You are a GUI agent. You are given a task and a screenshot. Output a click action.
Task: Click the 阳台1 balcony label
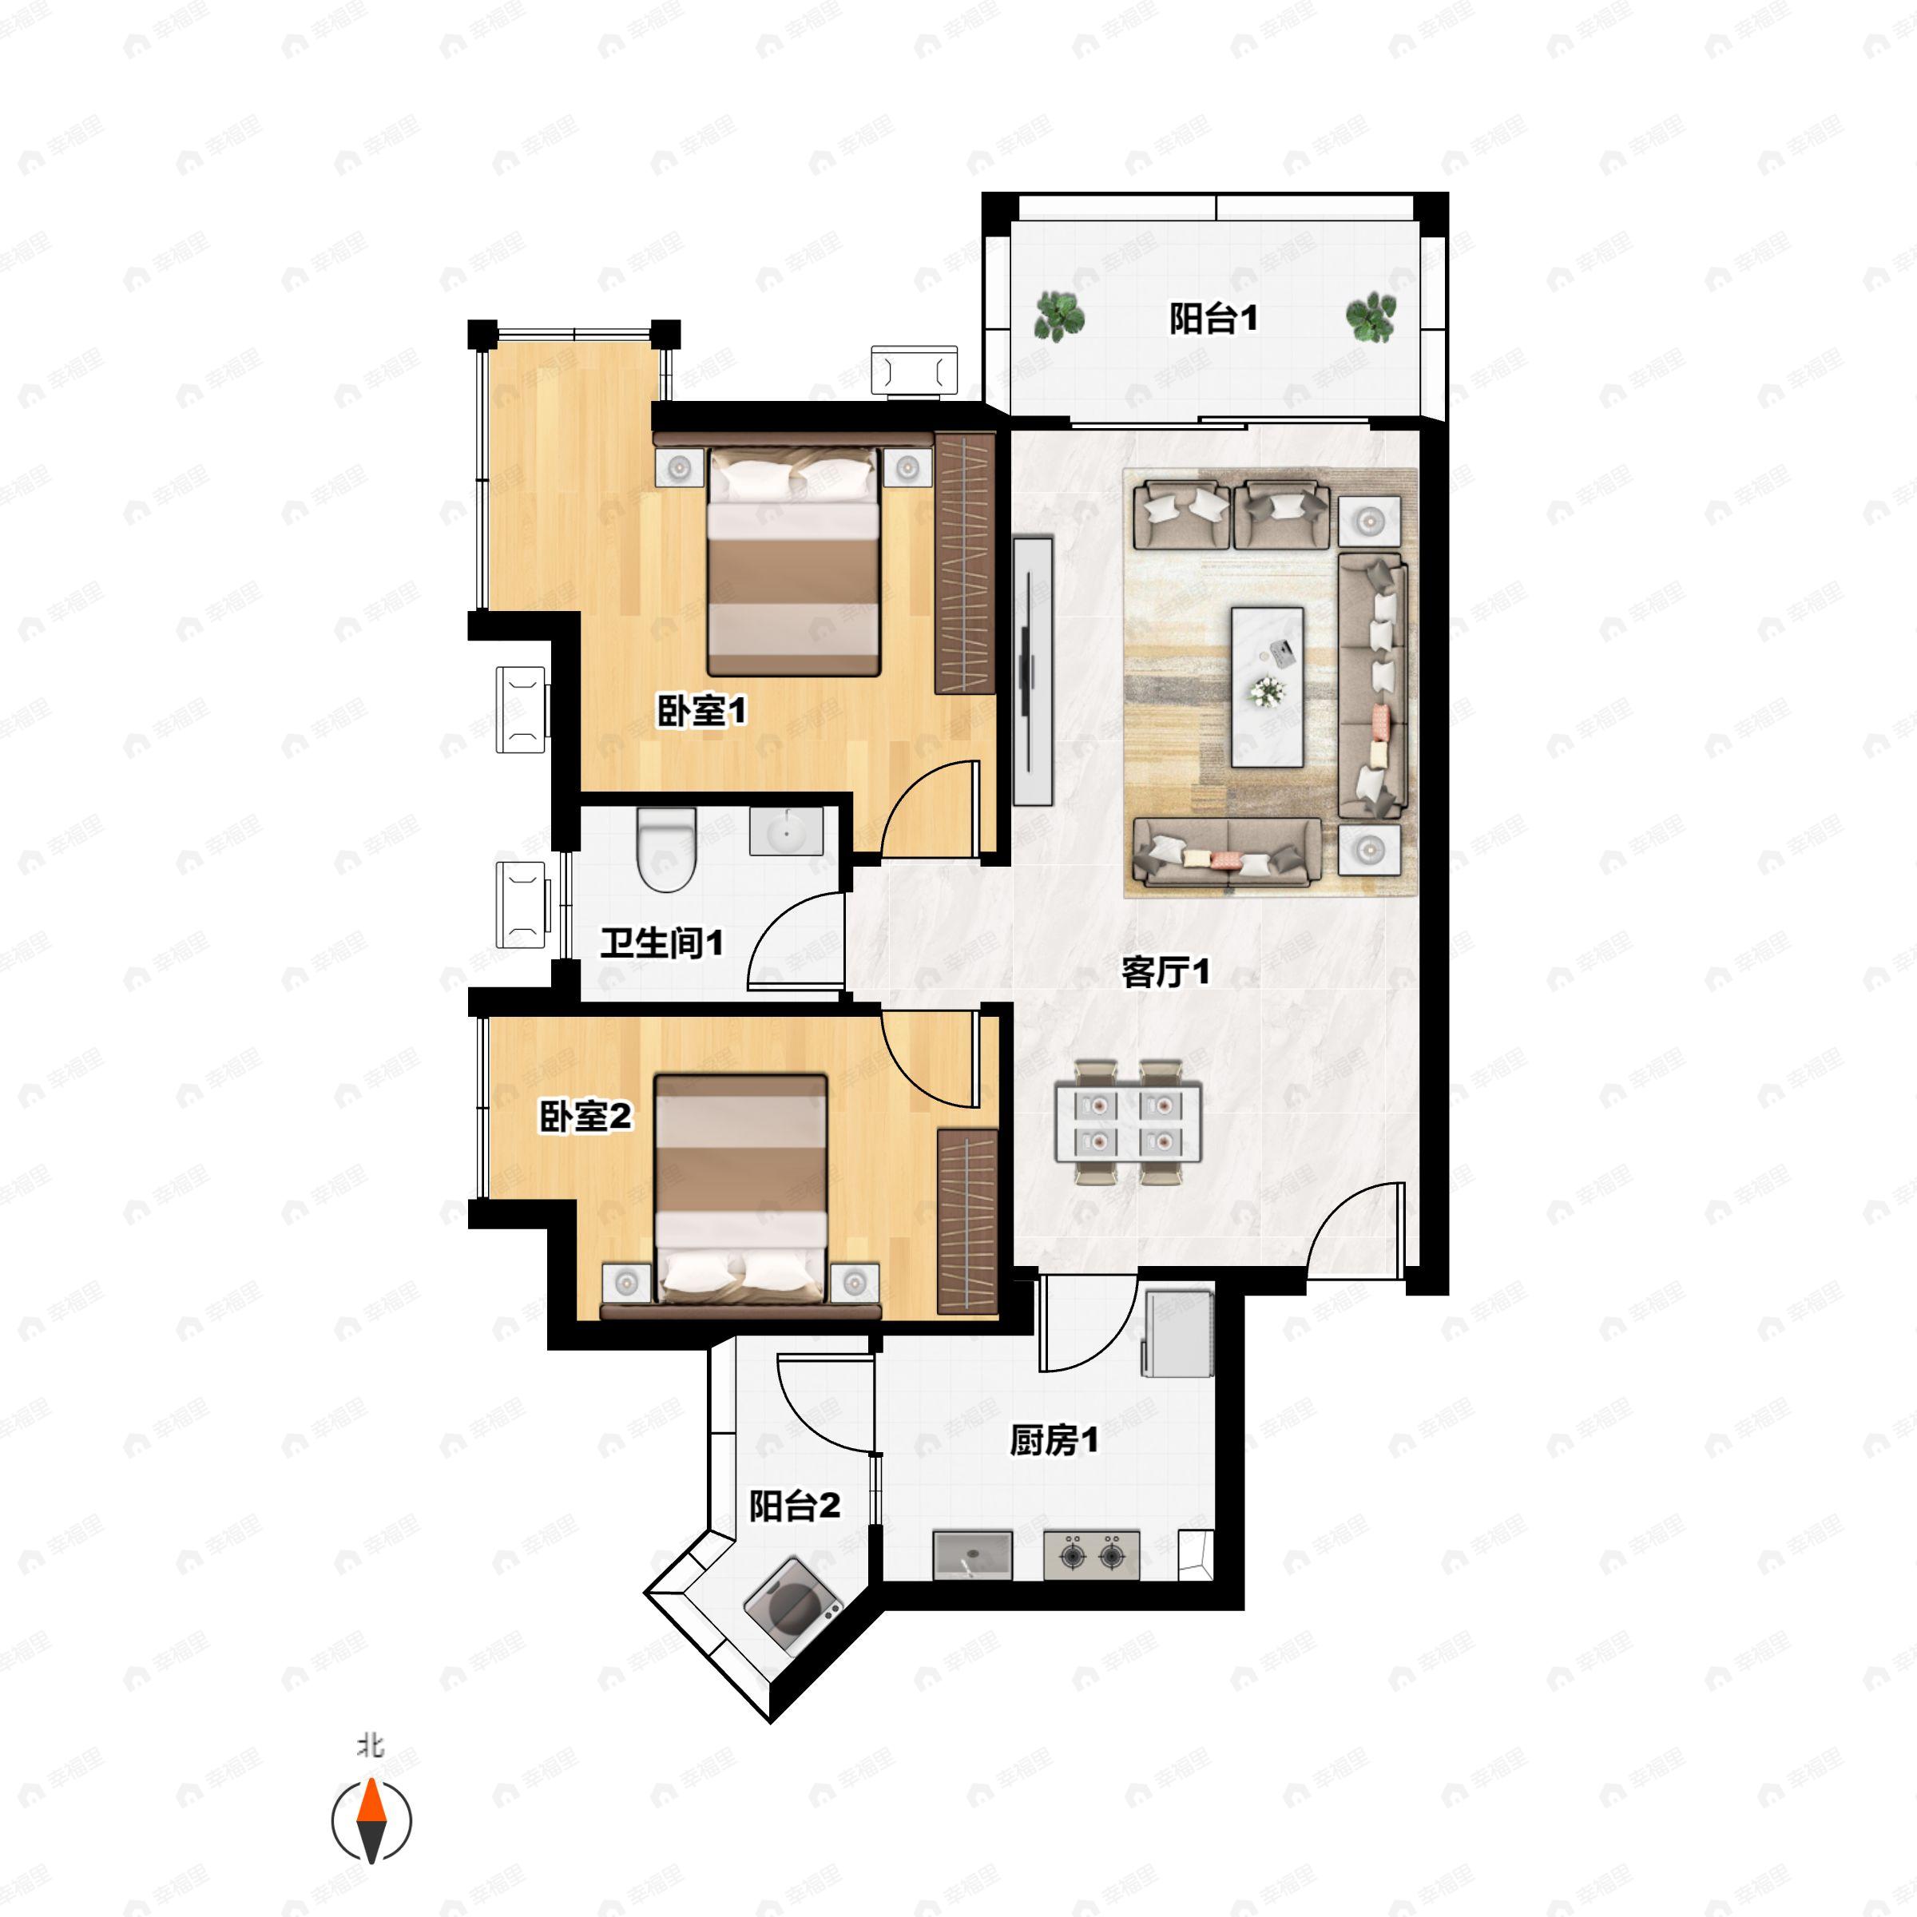1213,319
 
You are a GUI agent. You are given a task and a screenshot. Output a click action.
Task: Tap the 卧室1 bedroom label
701,712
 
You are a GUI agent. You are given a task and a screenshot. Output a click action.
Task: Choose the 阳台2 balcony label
794,1506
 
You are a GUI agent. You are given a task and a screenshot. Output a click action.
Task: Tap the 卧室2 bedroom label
585,1117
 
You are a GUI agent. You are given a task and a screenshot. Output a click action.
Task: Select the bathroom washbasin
786,831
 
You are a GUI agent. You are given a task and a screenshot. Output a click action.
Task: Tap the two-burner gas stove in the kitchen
1090,1554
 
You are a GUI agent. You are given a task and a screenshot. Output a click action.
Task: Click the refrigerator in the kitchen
1178,1332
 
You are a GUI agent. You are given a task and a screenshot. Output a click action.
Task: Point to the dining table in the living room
1128,1122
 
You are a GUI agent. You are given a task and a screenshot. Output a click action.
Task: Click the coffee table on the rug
1267,687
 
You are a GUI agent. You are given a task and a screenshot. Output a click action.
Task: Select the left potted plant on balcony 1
1058,316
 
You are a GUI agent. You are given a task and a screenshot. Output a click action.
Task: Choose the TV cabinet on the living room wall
1033,671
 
